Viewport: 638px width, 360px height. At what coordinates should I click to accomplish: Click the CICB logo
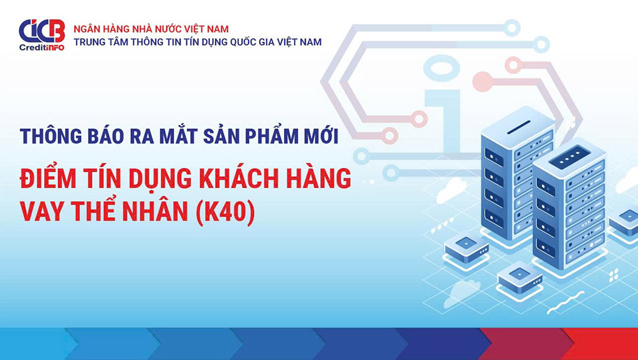[x=42, y=31]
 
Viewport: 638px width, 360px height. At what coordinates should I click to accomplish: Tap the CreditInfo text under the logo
[x=42, y=47]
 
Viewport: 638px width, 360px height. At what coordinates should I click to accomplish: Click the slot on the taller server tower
[x=519, y=126]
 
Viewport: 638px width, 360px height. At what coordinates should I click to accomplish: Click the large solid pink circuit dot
[x=482, y=81]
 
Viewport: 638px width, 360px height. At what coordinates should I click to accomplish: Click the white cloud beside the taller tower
[x=451, y=190]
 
